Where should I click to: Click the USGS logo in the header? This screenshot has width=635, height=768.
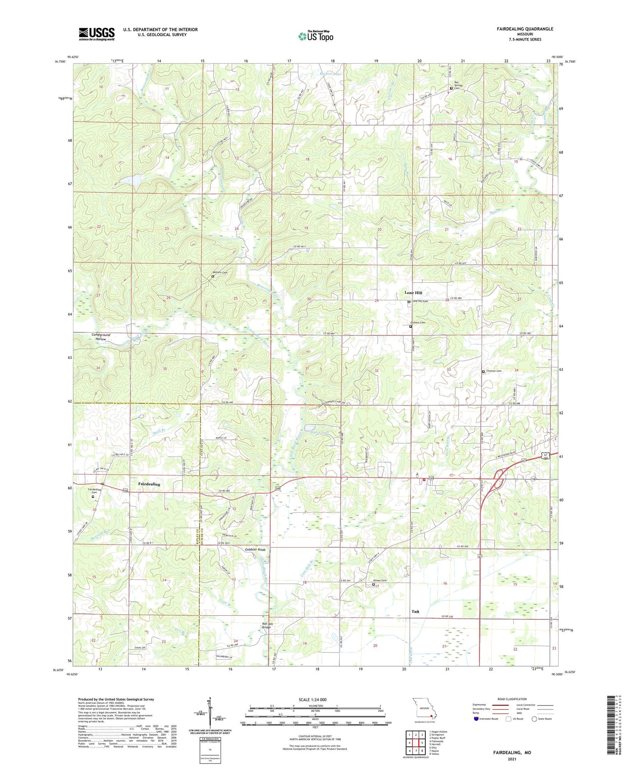click(96, 34)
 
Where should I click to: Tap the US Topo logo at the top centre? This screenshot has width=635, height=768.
click(316, 36)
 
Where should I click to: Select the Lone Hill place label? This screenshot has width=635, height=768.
click(413, 293)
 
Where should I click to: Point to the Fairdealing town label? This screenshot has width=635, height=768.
click(149, 484)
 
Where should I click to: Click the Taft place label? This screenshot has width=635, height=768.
click(415, 611)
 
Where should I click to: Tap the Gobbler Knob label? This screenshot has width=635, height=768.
click(255, 550)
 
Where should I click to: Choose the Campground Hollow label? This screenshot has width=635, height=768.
click(101, 337)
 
